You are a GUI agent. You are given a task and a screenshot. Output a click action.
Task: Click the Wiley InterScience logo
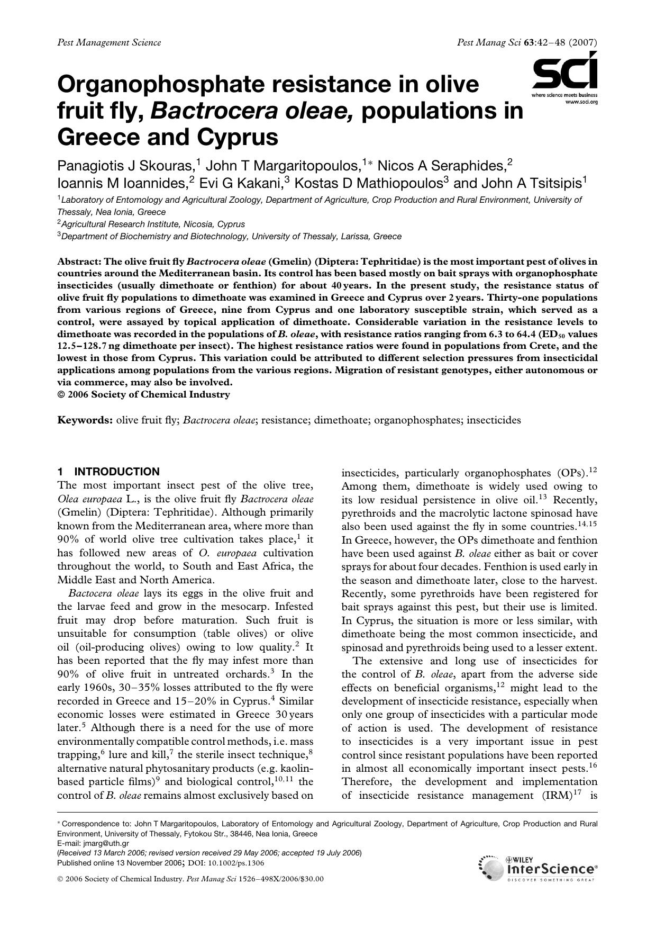tap(537, 869)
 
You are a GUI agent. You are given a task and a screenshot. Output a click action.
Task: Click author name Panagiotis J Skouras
tap(125, 166)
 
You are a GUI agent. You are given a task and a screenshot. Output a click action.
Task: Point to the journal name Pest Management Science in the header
tap(109, 42)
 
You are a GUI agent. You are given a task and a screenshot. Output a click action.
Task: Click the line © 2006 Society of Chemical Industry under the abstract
tap(143, 394)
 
